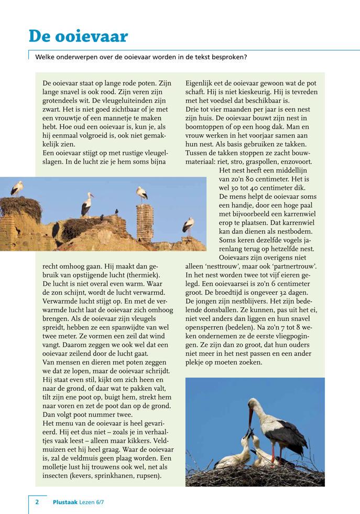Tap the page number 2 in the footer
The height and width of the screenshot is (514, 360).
[x=37, y=502]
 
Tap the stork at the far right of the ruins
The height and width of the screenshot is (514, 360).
[x=189, y=226]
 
